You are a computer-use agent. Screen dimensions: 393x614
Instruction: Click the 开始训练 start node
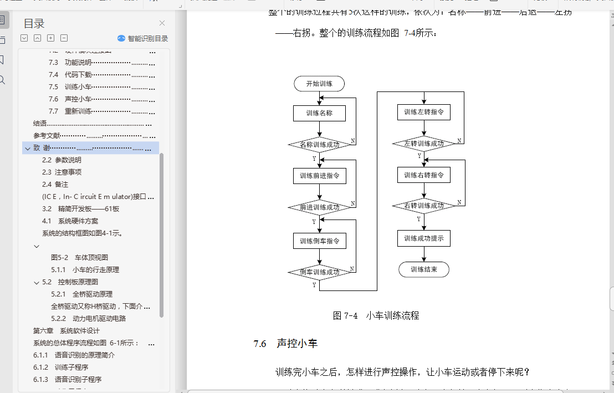[319, 84]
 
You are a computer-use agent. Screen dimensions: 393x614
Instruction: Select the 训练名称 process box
[319, 113]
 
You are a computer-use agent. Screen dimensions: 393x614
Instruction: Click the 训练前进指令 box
[319, 176]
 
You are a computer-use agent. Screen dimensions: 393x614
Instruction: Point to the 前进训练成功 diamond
[320, 207]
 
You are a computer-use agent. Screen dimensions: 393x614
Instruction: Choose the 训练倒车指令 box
[319, 241]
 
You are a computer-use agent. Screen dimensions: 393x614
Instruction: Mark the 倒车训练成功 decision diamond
[320, 272]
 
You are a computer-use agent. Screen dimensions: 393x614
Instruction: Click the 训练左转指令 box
[424, 112]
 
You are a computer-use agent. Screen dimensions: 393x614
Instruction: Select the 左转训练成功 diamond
[424, 144]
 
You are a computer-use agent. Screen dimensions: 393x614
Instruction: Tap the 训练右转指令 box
[424, 175]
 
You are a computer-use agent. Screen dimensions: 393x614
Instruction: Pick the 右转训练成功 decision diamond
[424, 206]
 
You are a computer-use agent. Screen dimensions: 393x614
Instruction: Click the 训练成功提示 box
[424, 238]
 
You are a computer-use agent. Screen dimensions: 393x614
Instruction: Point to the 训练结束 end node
[424, 269]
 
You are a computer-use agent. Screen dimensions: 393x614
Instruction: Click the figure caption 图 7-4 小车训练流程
[376, 315]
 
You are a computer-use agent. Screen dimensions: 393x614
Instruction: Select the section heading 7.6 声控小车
[285, 344]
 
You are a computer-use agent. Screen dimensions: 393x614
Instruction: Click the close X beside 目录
[162, 23]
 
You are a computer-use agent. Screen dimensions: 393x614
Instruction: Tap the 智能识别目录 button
[143, 38]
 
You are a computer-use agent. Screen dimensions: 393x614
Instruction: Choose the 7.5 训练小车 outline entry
[78, 86]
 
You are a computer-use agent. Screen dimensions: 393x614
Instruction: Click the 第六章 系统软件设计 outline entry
[66, 330]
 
